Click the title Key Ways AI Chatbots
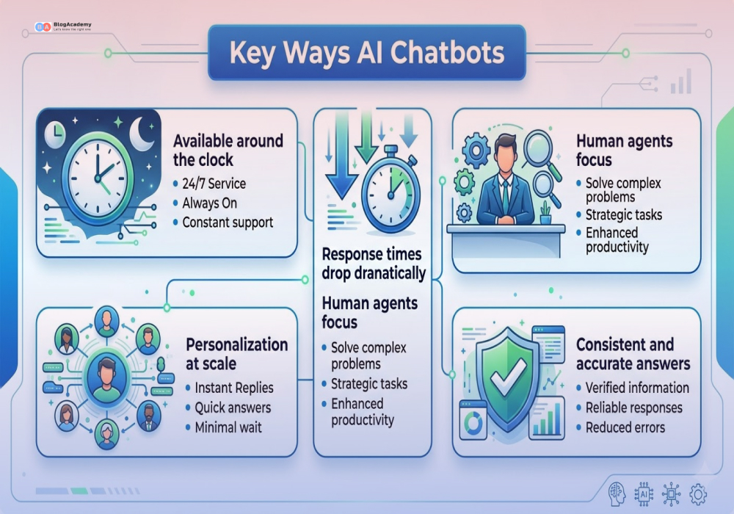(366, 53)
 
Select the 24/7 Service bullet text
(214, 184)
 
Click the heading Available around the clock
(228, 151)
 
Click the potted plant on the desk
(545, 213)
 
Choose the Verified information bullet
(637, 388)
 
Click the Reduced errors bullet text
(625, 427)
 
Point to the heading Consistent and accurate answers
(633, 354)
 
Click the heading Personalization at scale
(236, 354)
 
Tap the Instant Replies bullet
(233, 388)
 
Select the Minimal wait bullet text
(228, 427)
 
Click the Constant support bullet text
(227, 222)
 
